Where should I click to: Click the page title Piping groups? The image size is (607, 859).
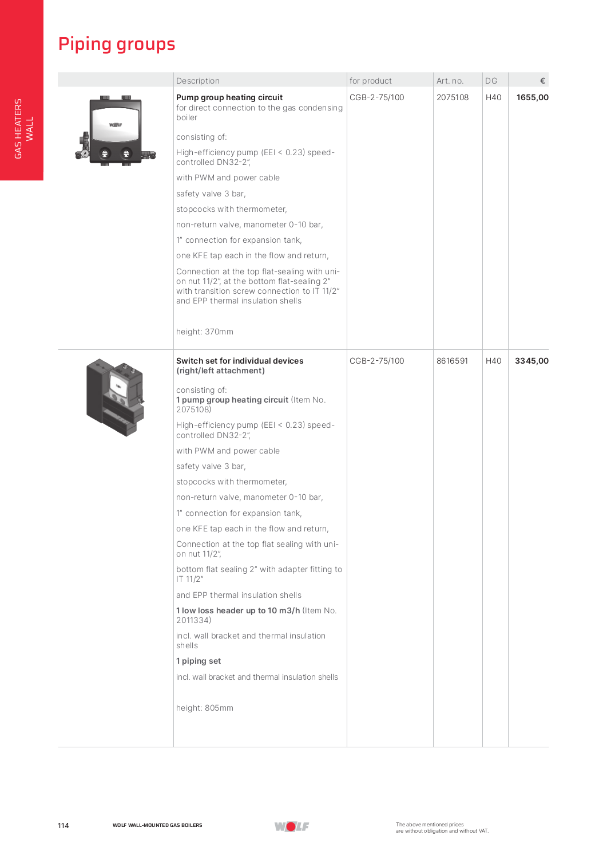click(x=117, y=44)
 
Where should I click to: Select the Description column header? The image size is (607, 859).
click(x=198, y=81)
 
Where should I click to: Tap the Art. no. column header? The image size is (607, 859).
click(x=450, y=81)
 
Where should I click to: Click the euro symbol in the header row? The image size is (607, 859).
click(x=542, y=81)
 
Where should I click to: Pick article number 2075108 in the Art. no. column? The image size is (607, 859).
click(x=453, y=97)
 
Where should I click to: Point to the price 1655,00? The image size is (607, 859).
click(x=532, y=97)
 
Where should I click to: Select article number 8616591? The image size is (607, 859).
click(x=452, y=361)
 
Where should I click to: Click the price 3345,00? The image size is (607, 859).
click(x=531, y=361)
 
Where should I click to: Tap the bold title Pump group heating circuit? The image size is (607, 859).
click(x=229, y=97)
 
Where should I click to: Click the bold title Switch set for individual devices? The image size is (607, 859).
click(x=240, y=361)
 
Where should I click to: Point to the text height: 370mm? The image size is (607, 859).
click(x=205, y=332)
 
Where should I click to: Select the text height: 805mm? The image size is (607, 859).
click(x=205, y=708)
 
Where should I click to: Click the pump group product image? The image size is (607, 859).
click(x=116, y=131)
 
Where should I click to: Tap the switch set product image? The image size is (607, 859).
click(x=116, y=397)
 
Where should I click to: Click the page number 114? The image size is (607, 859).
click(x=64, y=825)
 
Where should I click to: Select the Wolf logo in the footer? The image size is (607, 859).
click(x=292, y=826)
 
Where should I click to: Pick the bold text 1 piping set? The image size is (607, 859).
click(x=199, y=661)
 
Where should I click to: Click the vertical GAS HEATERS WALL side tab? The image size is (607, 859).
click(x=23, y=128)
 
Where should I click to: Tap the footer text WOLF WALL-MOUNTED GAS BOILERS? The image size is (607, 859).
click(x=157, y=825)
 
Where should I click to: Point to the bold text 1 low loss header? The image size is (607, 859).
click(x=238, y=610)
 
